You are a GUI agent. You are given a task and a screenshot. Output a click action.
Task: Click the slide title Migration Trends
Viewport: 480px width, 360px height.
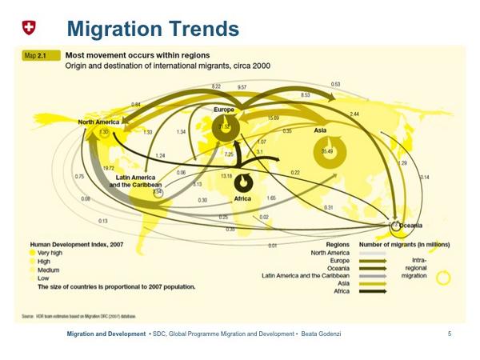click(x=153, y=29)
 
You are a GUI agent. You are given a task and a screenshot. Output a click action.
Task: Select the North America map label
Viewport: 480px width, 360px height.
click(x=98, y=122)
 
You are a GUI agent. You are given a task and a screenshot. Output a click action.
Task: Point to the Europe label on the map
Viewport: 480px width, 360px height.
click(x=224, y=109)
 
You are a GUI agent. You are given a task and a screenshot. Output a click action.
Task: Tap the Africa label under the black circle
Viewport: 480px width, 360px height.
click(x=242, y=198)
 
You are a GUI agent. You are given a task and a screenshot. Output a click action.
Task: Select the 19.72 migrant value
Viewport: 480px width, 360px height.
click(x=109, y=170)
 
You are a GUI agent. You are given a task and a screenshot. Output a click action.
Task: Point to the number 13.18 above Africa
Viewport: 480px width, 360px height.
click(x=226, y=176)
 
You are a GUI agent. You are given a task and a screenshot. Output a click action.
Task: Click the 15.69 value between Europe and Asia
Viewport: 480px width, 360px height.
click(x=273, y=118)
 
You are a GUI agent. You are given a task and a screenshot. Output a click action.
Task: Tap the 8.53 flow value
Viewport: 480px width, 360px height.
click(x=305, y=95)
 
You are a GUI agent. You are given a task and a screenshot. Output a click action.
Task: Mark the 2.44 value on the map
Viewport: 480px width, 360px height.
click(x=354, y=114)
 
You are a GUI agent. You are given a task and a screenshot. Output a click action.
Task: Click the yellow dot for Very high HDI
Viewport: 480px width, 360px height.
click(x=33, y=252)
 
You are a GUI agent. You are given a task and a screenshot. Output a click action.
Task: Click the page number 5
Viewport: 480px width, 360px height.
click(x=450, y=332)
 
